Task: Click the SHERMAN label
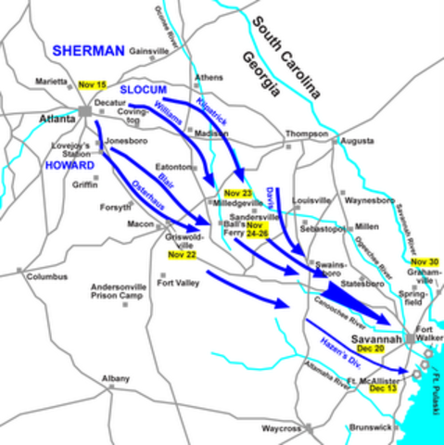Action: tap(88, 50)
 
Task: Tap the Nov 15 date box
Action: tap(93, 84)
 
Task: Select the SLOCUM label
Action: tap(143, 90)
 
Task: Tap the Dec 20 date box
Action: tap(371, 350)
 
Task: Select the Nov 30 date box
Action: tap(426, 262)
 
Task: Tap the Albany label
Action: tap(117, 379)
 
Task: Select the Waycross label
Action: tap(281, 428)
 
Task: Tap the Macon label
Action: tap(141, 223)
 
